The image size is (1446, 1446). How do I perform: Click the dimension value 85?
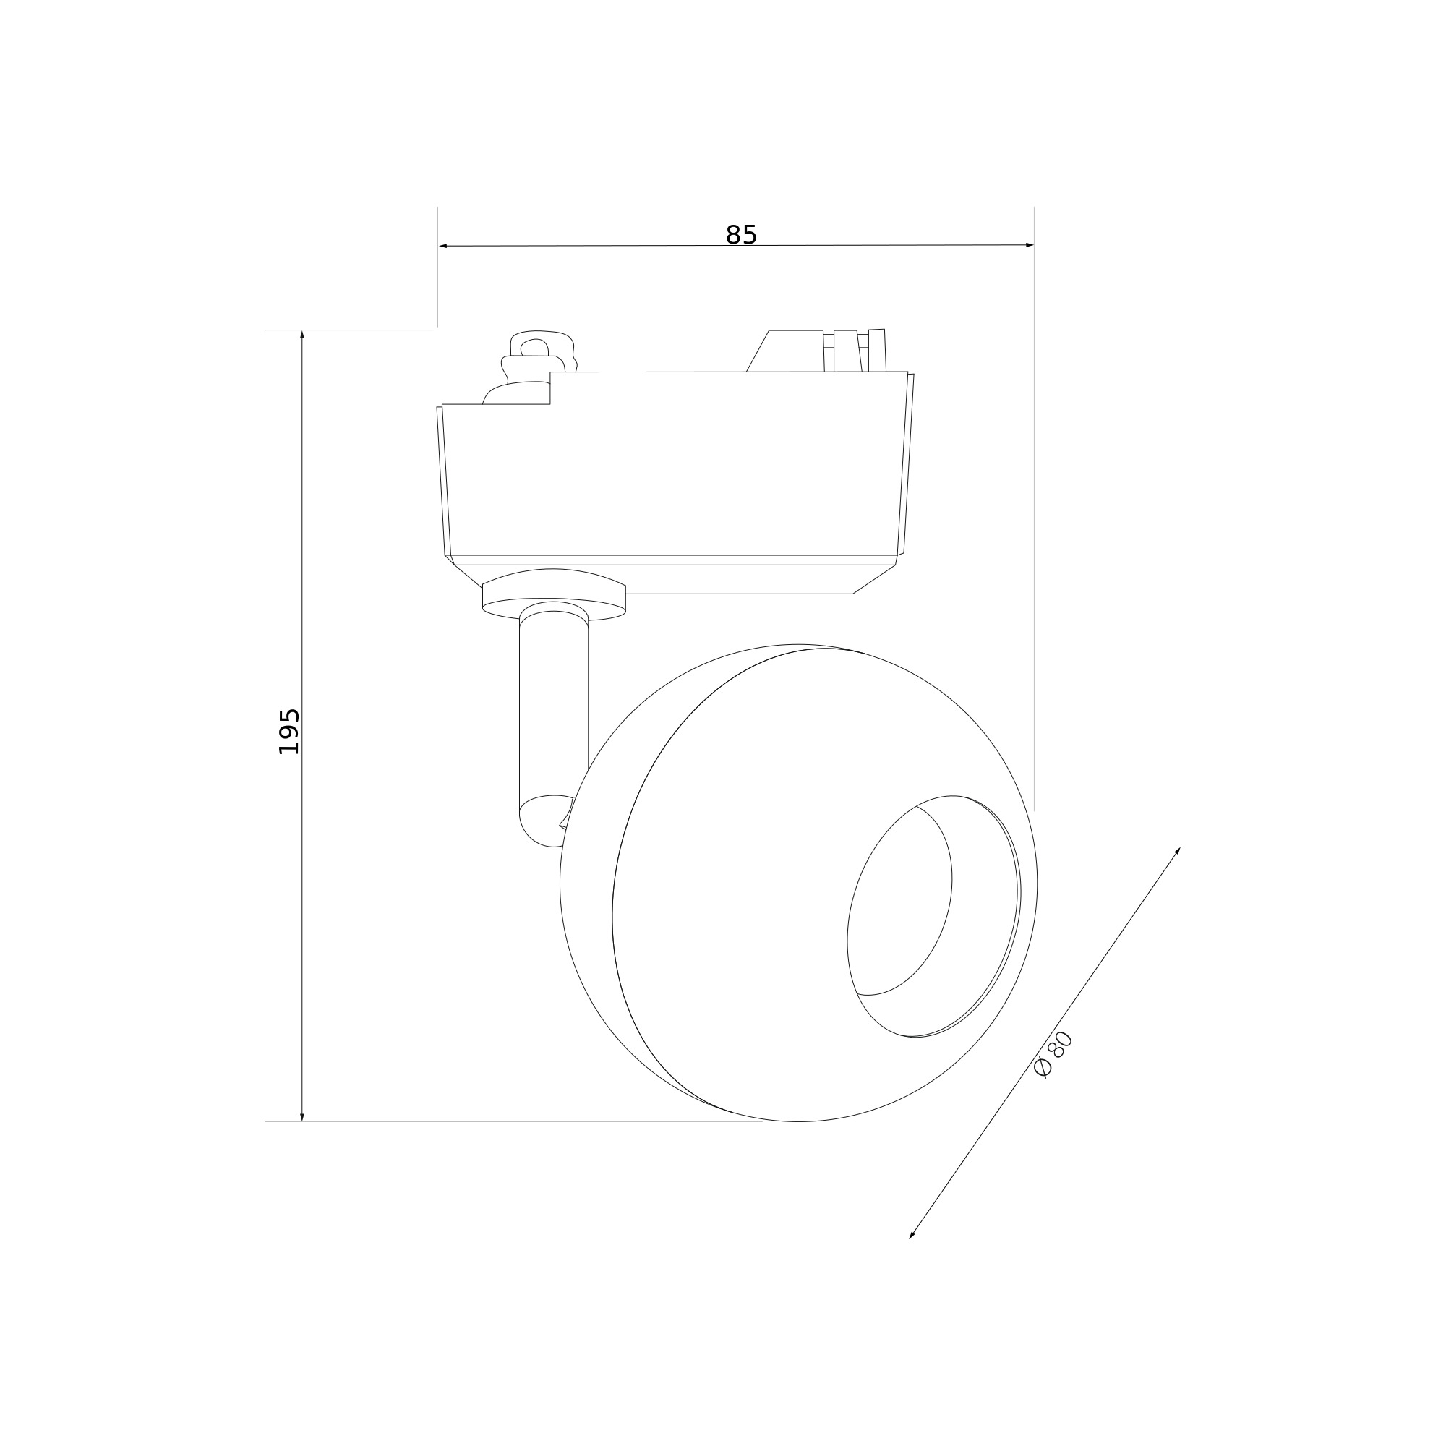click(741, 235)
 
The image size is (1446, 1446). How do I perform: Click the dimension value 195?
click(289, 731)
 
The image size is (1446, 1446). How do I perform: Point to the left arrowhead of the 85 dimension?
click(442, 246)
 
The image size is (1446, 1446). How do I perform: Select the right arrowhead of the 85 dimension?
click(1029, 245)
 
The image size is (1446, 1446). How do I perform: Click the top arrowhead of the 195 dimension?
click(302, 335)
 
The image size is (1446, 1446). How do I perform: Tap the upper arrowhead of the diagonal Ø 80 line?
click(1177, 852)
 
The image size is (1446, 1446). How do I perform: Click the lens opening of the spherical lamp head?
click(933, 916)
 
